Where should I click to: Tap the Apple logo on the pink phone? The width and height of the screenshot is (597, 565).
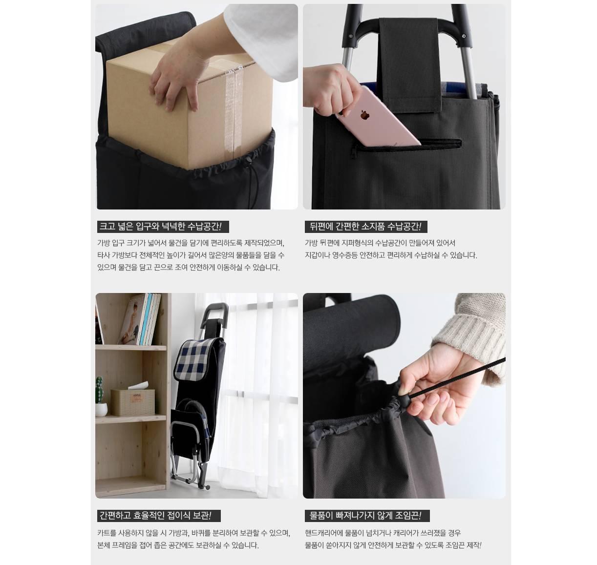tap(363, 115)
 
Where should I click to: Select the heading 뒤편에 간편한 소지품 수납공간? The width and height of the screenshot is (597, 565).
tap(366, 227)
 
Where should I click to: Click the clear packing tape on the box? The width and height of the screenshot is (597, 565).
tap(230, 112)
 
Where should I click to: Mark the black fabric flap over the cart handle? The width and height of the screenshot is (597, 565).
tap(409, 64)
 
